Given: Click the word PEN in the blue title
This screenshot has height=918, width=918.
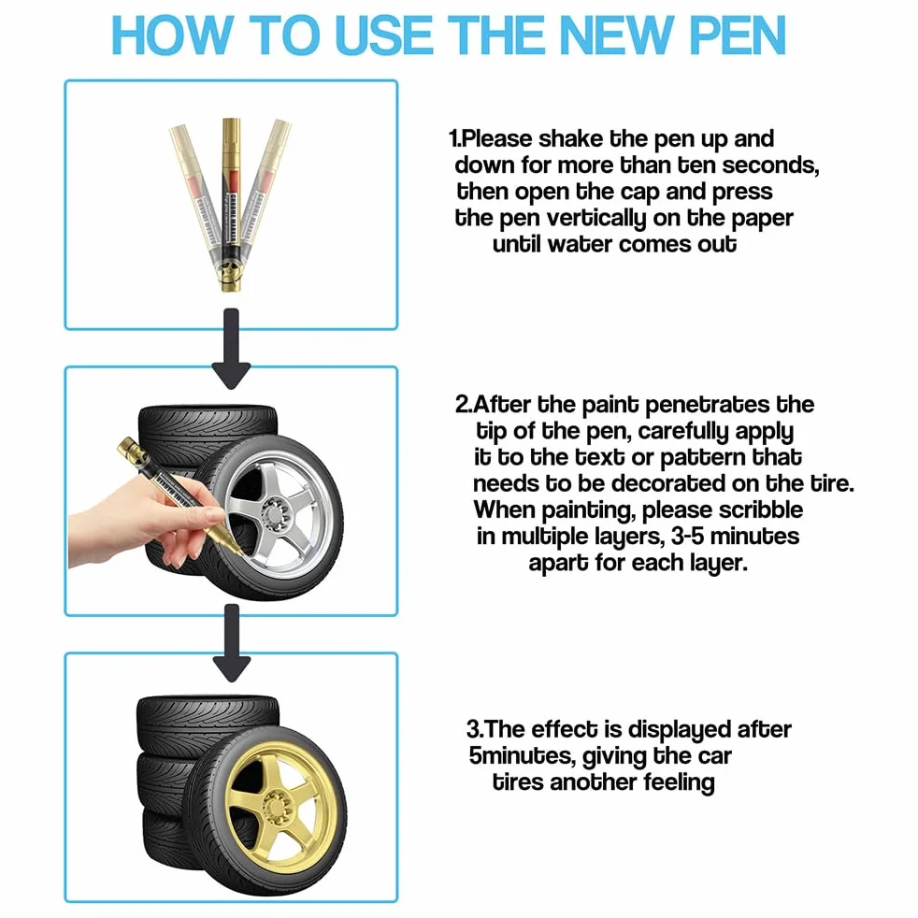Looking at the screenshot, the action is tap(738, 35).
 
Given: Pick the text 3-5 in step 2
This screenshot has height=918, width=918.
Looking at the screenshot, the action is tap(687, 537).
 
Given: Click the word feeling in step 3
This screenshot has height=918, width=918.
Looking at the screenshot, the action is tap(679, 782).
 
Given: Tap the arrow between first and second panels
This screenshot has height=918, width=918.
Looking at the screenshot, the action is tap(232, 349).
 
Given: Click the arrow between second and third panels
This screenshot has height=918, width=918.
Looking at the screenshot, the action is tap(232, 643).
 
